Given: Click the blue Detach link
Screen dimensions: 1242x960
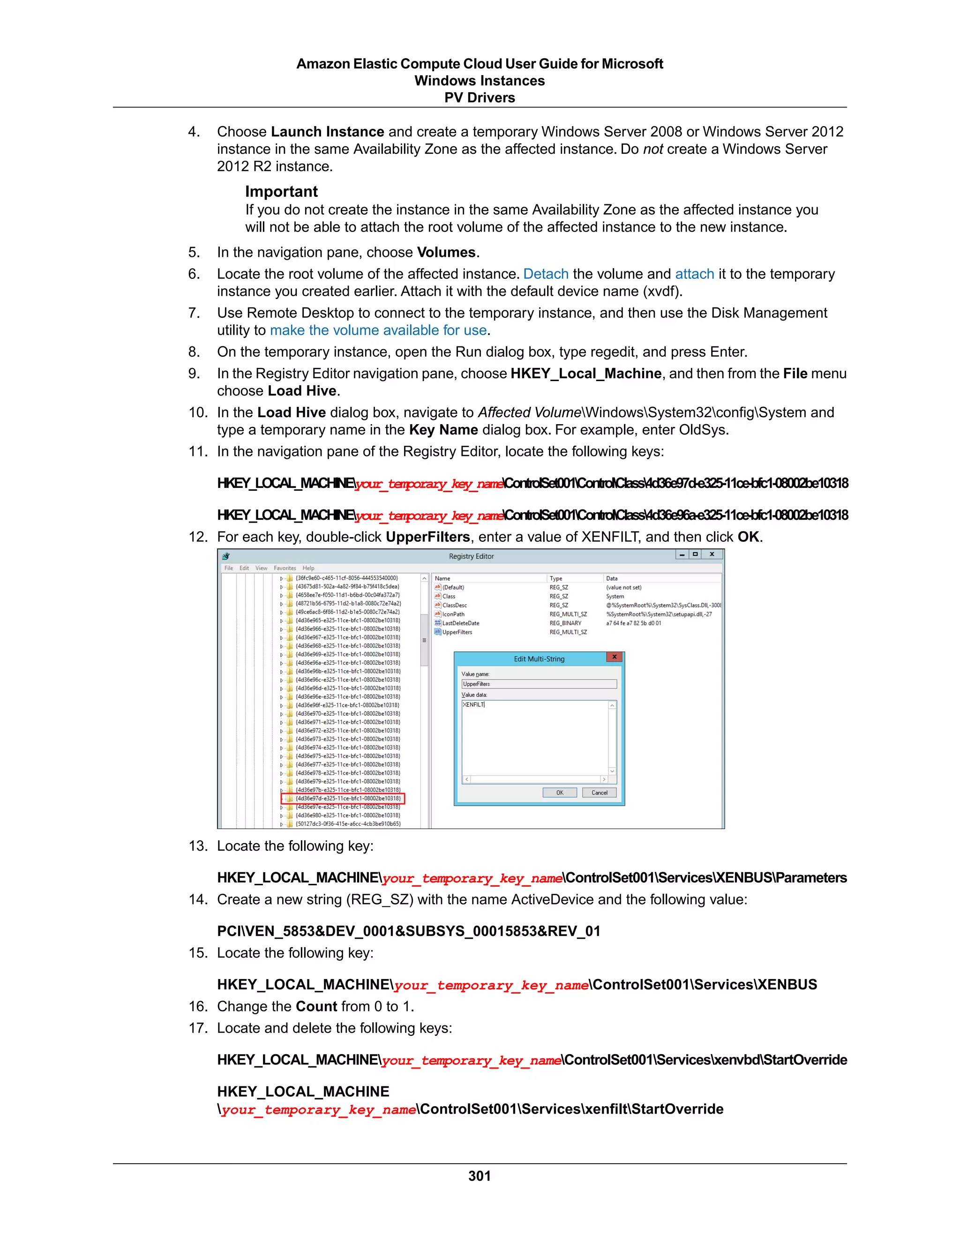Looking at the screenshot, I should coord(546,274).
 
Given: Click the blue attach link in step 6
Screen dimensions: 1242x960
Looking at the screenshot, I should coord(694,274).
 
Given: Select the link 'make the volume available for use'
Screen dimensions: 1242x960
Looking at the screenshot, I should coord(378,330).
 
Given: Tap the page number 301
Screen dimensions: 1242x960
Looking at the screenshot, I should coord(480,1176).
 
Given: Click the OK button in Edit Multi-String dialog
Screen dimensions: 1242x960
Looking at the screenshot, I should coord(560,793).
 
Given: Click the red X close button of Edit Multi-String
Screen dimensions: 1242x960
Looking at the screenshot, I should coord(614,657).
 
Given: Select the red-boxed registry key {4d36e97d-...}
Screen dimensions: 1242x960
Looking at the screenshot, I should coord(347,799).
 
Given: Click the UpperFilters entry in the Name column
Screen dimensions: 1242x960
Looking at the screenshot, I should coord(457,632).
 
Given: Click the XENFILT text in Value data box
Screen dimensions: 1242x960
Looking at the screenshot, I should coord(473,704).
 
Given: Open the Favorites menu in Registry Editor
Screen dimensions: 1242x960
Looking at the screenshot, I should coord(285,568).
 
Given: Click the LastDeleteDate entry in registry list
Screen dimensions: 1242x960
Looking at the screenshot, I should coord(460,623).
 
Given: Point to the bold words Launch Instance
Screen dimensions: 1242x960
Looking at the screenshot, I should coord(328,132).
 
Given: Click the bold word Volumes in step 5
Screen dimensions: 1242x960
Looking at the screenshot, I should coord(446,253).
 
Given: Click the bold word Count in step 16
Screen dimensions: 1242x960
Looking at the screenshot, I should coord(316,1007).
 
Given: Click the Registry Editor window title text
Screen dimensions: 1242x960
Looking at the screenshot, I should coord(471,556).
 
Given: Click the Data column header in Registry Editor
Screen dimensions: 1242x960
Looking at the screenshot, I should coord(612,578).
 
